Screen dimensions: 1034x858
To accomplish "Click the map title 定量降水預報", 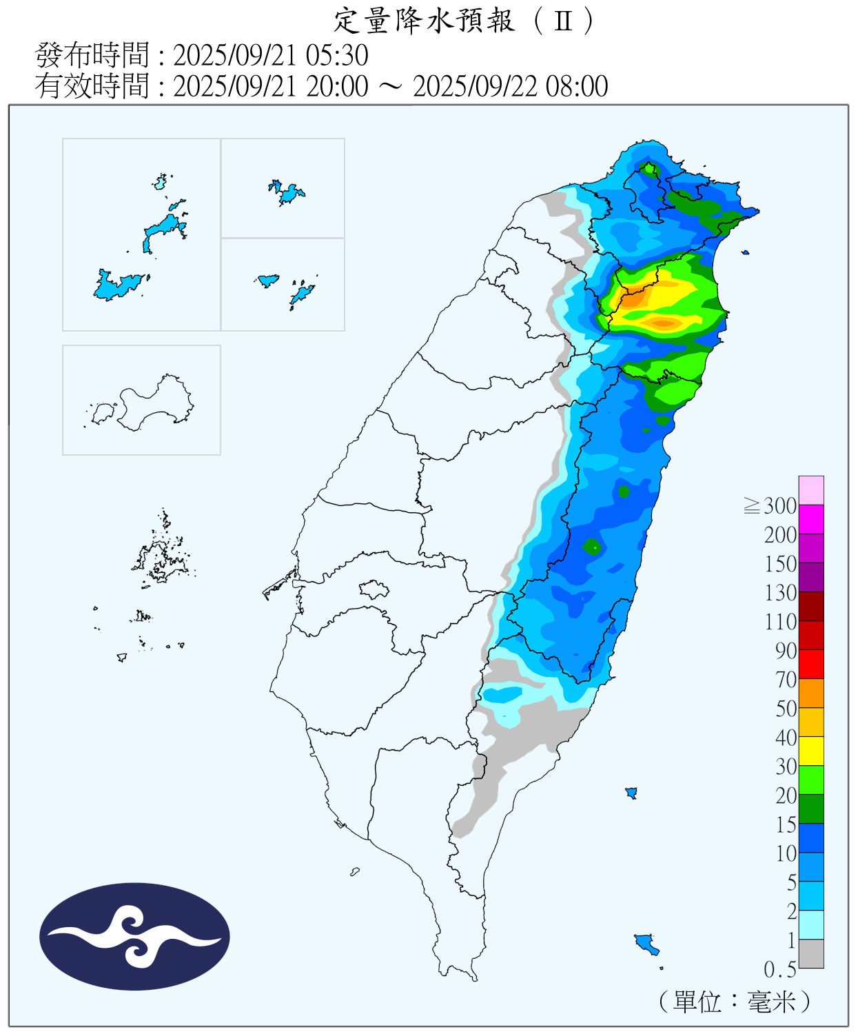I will pos(424,21).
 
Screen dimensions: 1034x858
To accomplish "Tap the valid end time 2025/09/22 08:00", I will pos(510,86).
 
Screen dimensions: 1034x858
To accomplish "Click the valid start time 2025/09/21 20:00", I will pos(270,86).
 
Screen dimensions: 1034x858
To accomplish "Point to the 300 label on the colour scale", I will pos(779,506).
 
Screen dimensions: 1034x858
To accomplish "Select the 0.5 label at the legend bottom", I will pos(779,969).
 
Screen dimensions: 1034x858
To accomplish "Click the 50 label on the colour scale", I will pos(786,709).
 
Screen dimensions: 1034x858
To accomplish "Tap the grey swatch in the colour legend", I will pos(811,953).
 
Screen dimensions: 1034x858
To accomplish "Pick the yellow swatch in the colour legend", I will pos(811,751).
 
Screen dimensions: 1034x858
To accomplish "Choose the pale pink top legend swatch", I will pos(811,490).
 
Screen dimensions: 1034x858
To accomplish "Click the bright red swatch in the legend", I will pos(811,664).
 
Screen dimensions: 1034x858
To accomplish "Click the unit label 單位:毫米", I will pos(735,1001).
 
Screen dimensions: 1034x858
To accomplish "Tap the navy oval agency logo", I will pos(134,936).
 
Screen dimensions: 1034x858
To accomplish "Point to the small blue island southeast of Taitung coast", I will pos(631,793).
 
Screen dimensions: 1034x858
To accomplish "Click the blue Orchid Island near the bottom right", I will pos(646,942).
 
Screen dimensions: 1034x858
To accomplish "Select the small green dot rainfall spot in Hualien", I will pos(593,547).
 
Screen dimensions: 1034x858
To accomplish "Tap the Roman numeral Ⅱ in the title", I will pos(563,21).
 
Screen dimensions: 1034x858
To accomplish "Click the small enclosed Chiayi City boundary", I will pos(374,589).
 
